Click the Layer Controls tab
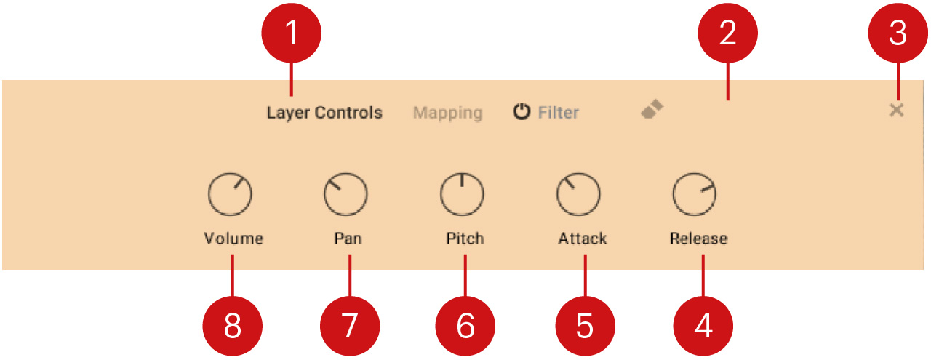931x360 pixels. tap(324, 113)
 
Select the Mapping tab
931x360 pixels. tap(447, 113)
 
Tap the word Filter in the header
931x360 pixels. tap(558, 113)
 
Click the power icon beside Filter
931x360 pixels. tap(521, 113)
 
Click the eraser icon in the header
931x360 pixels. tap(652, 110)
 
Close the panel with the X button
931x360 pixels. tap(896, 111)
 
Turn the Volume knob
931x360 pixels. tap(230, 195)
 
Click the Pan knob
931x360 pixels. tap(345, 195)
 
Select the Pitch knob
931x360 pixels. tap(462, 195)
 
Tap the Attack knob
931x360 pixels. tap(578, 195)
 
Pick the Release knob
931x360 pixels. tap(694, 195)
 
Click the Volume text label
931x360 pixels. tap(233, 239)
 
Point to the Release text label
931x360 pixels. tap(698, 239)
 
